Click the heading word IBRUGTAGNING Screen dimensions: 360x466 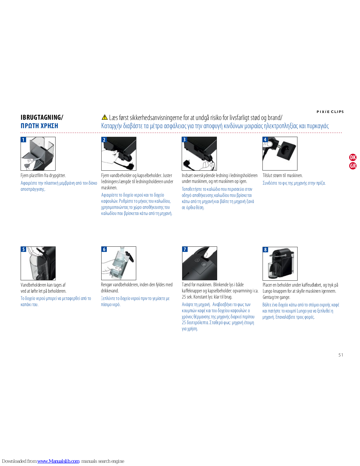point(41,117)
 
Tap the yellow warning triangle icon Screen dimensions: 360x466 point(104,117)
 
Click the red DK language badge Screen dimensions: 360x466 point(353,157)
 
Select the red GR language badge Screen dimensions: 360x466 point(353,166)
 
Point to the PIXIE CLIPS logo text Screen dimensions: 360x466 point(330,112)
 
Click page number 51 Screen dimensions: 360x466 point(341,355)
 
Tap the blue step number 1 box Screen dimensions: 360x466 point(23,140)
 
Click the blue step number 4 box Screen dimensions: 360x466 point(265,140)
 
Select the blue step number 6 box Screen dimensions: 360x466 point(104,249)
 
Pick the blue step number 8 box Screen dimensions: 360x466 point(265,250)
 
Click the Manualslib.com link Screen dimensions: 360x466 point(58,461)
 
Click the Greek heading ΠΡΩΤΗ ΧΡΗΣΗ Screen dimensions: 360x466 point(39,126)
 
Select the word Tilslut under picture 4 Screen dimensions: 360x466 point(267,175)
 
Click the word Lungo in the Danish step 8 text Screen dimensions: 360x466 point(268,291)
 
